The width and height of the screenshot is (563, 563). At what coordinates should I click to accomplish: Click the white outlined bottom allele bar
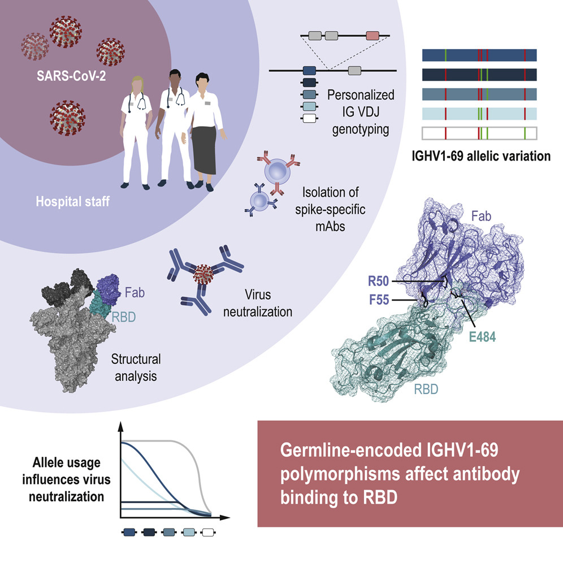click(x=479, y=133)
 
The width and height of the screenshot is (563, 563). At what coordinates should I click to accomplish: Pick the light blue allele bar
click(x=479, y=114)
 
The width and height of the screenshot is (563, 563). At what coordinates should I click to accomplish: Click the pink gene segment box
click(x=373, y=36)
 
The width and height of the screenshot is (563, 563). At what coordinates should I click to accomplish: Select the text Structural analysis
click(x=136, y=366)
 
